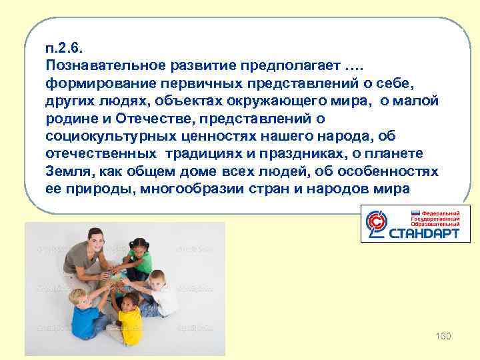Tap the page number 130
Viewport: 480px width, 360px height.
(x=443, y=335)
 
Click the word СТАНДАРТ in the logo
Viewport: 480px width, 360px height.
(x=424, y=234)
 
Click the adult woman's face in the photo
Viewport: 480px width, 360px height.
(x=94, y=237)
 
